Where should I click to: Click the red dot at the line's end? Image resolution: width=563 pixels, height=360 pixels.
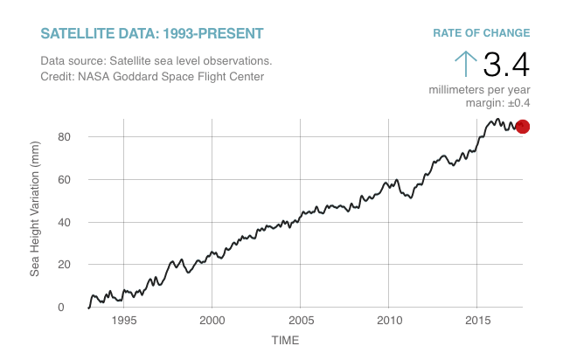pyautogui.click(x=523, y=127)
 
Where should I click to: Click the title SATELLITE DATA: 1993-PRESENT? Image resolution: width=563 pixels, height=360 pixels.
pyautogui.click(x=151, y=34)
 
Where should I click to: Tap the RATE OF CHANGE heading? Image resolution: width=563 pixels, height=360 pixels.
pyautogui.click(x=481, y=33)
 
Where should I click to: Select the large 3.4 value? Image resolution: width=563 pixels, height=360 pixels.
pyautogui.click(x=506, y=65)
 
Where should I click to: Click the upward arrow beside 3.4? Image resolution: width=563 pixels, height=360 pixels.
pyautogui.click(x=466, y=64)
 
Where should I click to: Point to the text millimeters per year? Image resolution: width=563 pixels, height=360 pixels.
pyautogui.click(x=479, y=90)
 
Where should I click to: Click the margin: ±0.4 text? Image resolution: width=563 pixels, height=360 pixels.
pyautogui.click(x=497, y=103)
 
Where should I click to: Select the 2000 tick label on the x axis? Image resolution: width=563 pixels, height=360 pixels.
pyautogui.click(x=212, y=321)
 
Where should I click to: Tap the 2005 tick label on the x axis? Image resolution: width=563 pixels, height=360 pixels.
pyautogui.click(x=300, y=321)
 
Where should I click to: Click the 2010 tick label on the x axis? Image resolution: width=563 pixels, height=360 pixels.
pyautogui.click(x=388, y=321)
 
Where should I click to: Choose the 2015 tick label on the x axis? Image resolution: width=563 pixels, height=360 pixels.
pyautogui.click(x=476, y=321)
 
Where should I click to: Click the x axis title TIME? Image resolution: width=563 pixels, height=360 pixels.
pyautogui.click(x=285, y=340)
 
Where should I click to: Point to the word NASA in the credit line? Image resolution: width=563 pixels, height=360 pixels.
pyautogui.click(x=97, y=77)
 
